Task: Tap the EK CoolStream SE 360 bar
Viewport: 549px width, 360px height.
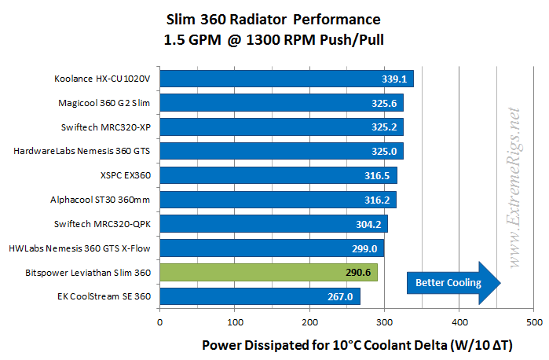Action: [260, 297]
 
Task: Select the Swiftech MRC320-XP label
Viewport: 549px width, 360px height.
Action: [107, 127]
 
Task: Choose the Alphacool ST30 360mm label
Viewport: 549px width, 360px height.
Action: [107, 200]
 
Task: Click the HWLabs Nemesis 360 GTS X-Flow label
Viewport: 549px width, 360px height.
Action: [85, 249]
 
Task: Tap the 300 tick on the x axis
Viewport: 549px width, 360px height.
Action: [385, 323]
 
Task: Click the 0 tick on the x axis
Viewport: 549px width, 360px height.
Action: [160, 323]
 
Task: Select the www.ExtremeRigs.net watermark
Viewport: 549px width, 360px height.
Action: [515, 189]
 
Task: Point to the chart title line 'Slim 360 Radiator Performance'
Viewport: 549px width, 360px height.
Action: [275, 19]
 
